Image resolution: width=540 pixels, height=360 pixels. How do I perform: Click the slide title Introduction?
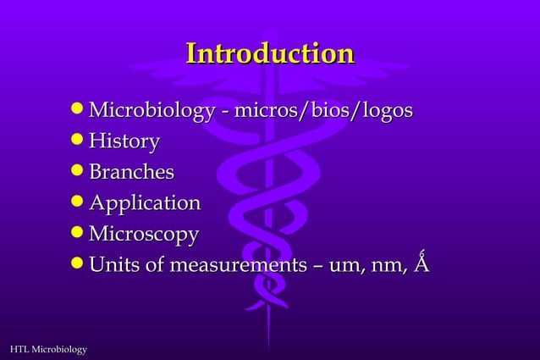click(269, 54)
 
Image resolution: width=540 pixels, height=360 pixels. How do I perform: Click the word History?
click(124, 141)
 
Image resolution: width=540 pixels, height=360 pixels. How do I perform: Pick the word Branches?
click(131, 173)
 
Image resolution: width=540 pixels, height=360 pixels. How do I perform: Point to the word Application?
click(145, 203)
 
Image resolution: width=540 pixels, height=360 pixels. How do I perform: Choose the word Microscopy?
click(144, 234)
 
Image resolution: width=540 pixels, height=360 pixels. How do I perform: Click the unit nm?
click(387, 266)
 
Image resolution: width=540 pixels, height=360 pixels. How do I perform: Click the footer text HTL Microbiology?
click(47, 349)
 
